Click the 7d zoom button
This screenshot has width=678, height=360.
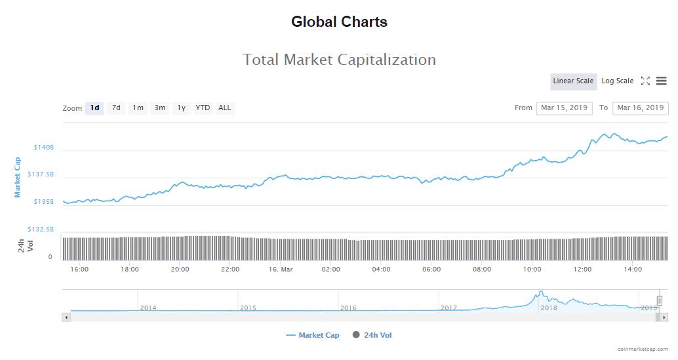pyautogui.click(x=116, y=108)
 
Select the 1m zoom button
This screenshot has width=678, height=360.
pyautogui.click(x=138, y=108)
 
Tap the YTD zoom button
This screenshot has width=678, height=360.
pyautogui.click(x=203, y=108)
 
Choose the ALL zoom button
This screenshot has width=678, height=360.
pyautogui.click(x=225, y=108)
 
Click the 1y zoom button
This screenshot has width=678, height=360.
pyautogui.click(x=182, y=108)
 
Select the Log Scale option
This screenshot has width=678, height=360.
pyautogui.click(x=617, y=81)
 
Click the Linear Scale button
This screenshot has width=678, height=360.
pyautogui.click(x=573, y=81)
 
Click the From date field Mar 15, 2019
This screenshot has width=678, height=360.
pyautogui.click(x=564, y=108)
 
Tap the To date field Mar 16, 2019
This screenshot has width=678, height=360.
pyautogui.click(x=640, y=108)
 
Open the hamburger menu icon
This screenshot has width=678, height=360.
pyautogui.click(x=661, y=81)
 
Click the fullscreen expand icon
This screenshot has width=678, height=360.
pyautogui.click(x=645, y=81)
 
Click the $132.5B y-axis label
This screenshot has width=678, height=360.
pyautogui.click(x=41, y=230)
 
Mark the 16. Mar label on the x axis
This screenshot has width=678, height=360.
pyautogui.click(x=280, y=270)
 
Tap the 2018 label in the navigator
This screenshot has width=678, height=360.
pyautogui.click(x=548, y=308)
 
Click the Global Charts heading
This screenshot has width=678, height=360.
pyautogui.click(x=339, y=22)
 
